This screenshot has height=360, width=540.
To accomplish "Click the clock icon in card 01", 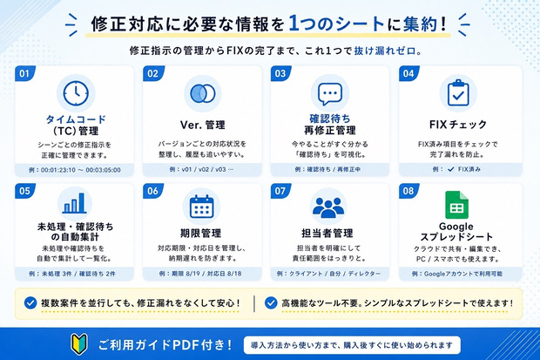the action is click(76, 93).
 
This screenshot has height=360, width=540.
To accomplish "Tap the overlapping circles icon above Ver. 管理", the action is click(202, 93).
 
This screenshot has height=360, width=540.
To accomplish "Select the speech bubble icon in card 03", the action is click(330, 94).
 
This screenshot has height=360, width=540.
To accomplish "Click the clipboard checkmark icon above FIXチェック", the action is click(458, 92).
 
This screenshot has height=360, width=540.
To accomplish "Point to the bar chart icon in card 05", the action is click(74, 203).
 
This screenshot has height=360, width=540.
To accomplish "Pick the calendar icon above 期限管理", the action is click(202, 207).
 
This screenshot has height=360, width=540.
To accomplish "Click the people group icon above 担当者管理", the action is click(328, 207).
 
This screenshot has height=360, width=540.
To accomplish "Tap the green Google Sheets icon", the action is click(456, 205).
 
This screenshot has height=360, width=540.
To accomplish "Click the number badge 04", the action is click(408, 73).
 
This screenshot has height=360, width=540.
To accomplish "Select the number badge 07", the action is click(280, 191).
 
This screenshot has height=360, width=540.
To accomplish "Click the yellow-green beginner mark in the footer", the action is click(79, 343).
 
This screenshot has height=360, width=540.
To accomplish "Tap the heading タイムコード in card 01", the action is click(76, 119).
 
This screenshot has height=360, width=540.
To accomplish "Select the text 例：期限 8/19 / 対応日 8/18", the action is click(200, 274).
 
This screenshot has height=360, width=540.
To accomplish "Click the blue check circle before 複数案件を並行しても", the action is click(30, 303).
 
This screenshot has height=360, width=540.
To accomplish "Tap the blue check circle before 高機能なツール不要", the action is click(271, 303).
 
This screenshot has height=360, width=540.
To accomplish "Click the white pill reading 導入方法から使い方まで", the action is click(352, 345).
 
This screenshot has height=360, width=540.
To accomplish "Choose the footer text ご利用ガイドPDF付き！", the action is click(165, 345).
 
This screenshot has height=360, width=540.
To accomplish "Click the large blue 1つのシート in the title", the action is click(336, 24).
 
